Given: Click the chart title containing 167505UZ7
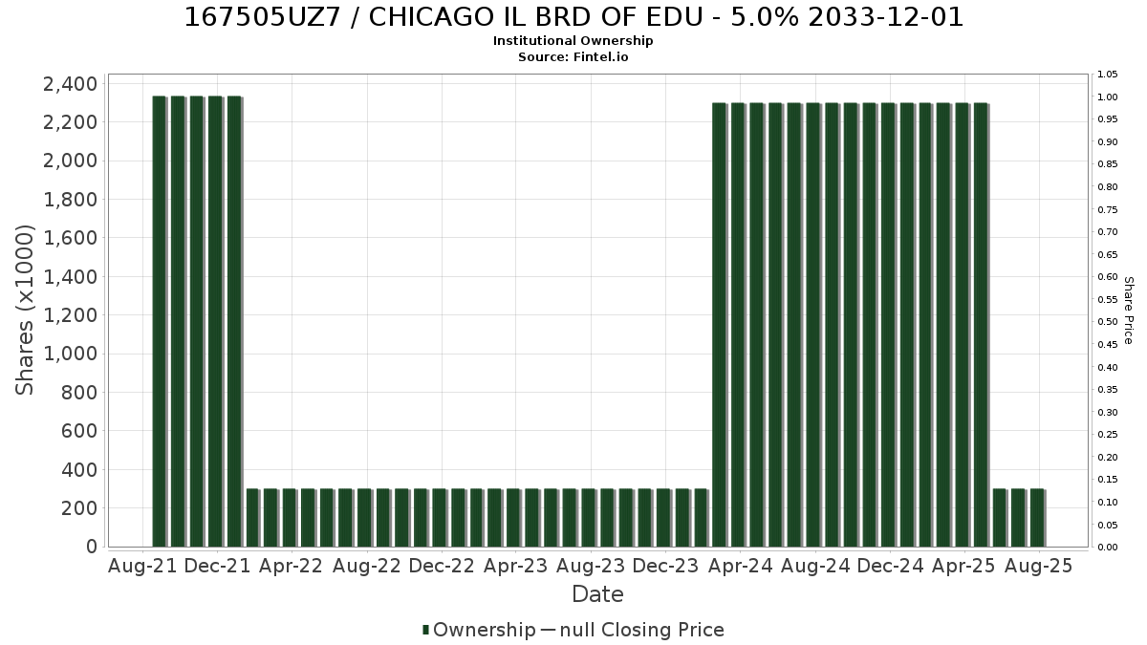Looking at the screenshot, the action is coord(573,17).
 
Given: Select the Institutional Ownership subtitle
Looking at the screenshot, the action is coord(573,41).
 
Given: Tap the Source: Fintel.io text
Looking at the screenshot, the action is coord(573,56).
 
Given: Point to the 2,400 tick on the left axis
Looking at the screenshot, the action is coord(70,84).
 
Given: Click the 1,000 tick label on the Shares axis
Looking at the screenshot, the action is coord(70,354).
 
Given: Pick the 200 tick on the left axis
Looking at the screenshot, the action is coord(78,508).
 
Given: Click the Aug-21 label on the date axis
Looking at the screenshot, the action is coord(142,566).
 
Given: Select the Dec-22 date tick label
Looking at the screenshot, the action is coord(442,566).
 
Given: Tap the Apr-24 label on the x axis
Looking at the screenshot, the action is coord(740,566).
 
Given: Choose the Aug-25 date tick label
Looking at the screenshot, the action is coord(1038,566).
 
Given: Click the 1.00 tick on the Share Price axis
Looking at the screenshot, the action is coord(1108,97).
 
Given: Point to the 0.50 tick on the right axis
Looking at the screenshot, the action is coord(1108,322).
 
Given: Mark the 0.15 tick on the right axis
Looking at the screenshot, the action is coord(1108,480).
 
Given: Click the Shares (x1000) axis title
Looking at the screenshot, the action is coord(24,311).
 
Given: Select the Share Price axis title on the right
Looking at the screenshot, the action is coord(1129,311).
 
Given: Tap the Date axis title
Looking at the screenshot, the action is coord(597,594).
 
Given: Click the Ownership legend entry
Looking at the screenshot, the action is coord(479,630).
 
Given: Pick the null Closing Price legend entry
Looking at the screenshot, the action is coord(633,630).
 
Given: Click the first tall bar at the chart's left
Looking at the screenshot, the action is coord(160,321).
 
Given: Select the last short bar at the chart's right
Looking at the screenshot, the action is coord(1037,518).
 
